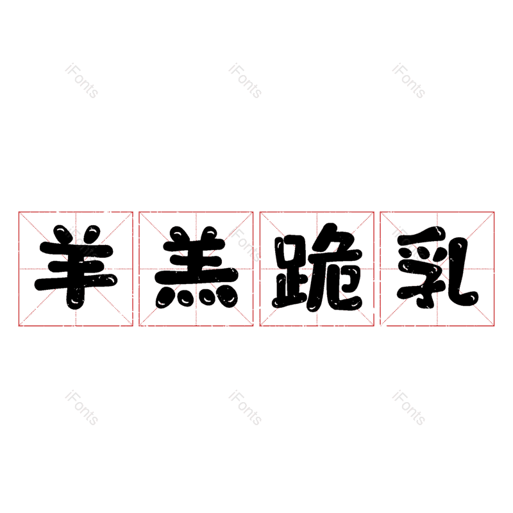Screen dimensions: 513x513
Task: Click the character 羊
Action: [76, 267]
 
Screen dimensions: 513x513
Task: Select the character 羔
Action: [196, 267]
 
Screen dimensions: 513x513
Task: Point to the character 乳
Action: [438, 267]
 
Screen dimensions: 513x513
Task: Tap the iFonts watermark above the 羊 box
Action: [81, 81]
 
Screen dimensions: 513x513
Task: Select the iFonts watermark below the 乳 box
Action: [408, 408]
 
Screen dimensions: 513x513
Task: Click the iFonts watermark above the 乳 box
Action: [408, 81]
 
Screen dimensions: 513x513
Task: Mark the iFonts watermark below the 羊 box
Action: [81, 408]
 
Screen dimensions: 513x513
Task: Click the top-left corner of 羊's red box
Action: [19, 212]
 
